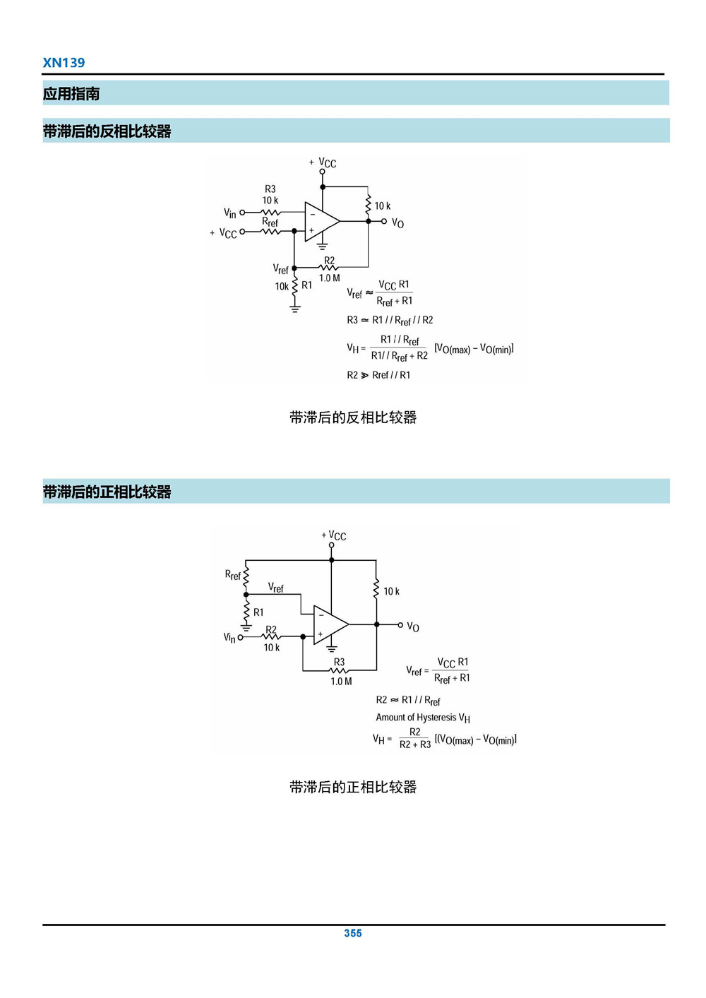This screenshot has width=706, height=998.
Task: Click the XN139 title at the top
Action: click(64, 62)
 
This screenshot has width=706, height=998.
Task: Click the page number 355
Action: click(352, 933)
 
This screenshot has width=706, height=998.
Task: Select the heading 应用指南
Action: click(71, 94)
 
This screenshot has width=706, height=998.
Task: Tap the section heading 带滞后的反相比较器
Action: click(107, 131)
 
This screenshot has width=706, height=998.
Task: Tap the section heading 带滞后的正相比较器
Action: click(107, 492)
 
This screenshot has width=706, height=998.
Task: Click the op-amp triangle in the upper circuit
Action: click(320, 221)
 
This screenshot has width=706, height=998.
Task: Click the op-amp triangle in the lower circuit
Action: click(329, 624)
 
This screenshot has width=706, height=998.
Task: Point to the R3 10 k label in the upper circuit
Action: click(270, 195)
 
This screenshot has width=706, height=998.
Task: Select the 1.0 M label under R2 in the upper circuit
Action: click(329, 278)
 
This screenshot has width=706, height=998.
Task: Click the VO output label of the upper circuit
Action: click(397, 223)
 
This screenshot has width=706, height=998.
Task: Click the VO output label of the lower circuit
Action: click(413, 626)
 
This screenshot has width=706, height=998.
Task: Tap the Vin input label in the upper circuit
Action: click(229, 213)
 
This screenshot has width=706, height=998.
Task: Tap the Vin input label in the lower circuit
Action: click(229, 637)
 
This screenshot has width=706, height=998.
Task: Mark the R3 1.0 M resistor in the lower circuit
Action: click(340, 670)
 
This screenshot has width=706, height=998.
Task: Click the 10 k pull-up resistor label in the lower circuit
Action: click(391, 591)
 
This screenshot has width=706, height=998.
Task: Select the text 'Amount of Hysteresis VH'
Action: click(422, 718)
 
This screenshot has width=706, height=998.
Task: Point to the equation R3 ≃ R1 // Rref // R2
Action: click(390, 320)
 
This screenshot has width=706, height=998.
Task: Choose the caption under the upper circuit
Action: click(352, 417)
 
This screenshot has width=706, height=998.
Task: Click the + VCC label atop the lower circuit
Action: click(334, 535)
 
